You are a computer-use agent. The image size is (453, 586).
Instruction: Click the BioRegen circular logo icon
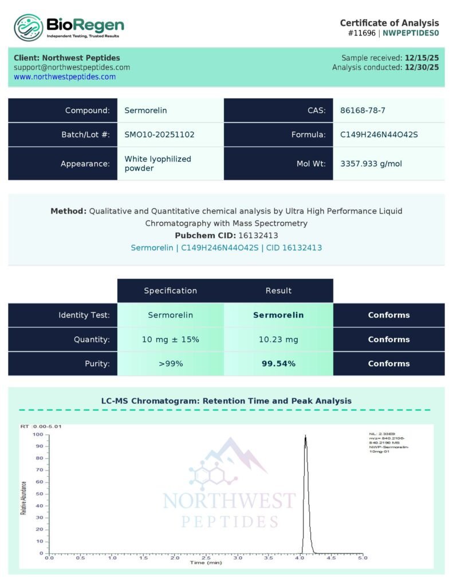29,27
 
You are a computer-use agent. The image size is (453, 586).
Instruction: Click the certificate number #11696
361,33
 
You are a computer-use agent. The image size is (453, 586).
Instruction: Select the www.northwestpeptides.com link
65,77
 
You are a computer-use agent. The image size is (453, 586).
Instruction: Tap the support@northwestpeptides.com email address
72,67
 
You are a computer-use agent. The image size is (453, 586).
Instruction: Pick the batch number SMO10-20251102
159,134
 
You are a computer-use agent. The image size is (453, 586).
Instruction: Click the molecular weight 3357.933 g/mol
371,164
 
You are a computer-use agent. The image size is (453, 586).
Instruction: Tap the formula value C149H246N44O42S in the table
379,134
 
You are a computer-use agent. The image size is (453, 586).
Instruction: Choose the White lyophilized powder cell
157,164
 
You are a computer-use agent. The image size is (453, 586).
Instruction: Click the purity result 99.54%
278,363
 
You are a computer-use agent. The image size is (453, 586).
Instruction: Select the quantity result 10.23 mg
278,339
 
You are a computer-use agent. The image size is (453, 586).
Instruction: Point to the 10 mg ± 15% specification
171,339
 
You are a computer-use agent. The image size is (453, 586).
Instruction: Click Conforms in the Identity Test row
389,315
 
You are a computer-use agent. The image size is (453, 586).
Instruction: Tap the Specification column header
171,291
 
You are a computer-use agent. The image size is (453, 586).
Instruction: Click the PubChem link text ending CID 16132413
226,248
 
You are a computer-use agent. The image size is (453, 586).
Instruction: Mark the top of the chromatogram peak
305,436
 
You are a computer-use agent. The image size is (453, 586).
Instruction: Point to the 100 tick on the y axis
38,434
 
